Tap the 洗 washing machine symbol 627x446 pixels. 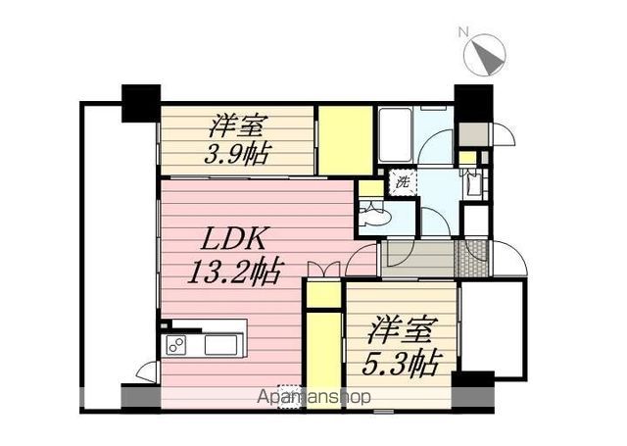click(x=403, y=181)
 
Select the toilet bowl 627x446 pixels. click(x=375, y=216)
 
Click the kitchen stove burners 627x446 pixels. click(x=176, y=345)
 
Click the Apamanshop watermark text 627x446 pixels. click(x=313, y=398)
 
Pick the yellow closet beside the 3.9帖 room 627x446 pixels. click(x=344, y=139)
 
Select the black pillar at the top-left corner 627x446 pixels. click(x=140, y=103)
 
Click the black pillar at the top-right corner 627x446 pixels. click(x=473, y=102)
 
